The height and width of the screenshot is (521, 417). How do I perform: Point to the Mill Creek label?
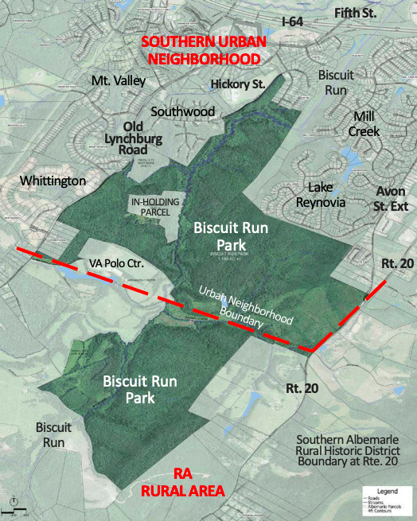(372, 123)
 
